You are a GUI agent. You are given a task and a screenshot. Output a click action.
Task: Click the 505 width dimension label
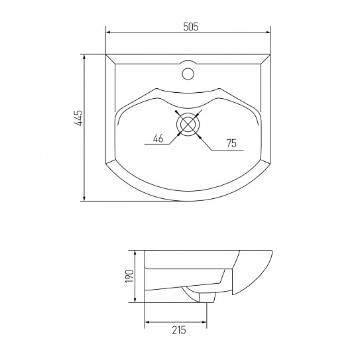[190, 27]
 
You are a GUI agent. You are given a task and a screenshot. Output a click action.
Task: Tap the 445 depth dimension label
[78, 118]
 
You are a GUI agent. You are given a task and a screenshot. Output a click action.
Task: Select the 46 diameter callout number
[158, 139]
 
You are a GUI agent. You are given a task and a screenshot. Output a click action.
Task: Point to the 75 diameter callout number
[231, 143]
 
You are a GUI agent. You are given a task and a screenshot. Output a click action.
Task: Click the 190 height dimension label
[129, 276]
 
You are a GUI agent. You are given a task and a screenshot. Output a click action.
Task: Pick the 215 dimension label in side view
[179, 330]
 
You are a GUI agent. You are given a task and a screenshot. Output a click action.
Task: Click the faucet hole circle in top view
[188, 74]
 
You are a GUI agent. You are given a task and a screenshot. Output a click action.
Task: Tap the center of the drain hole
[188, 124]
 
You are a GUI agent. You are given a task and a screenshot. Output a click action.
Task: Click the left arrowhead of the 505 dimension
[108, 32]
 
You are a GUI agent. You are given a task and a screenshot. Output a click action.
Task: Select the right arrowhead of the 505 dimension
[268, 32]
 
